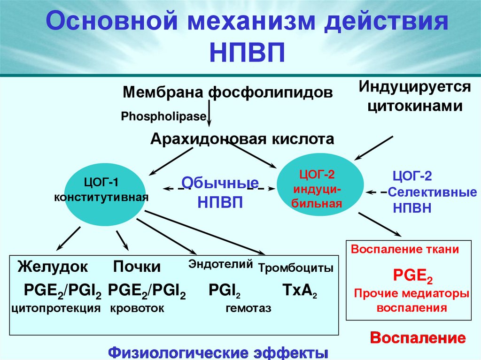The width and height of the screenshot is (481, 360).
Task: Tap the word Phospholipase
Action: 164,116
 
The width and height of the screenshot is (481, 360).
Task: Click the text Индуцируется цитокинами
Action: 415,96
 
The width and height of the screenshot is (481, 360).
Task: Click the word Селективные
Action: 433,192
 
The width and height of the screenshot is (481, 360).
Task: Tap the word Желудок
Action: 53,267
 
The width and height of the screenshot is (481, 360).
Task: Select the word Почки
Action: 137,267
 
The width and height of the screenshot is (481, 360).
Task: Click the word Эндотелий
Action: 221,264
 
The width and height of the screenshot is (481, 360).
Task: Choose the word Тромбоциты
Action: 296,268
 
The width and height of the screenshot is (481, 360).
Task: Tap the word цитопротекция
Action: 56,308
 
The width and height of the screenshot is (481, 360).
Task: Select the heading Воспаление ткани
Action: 405,250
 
